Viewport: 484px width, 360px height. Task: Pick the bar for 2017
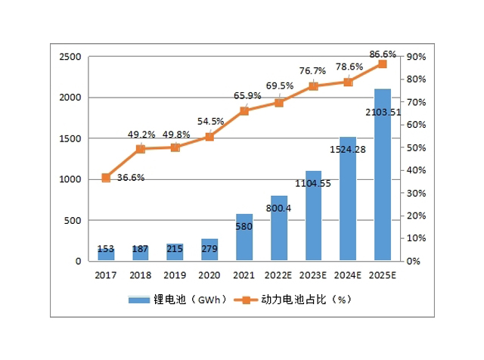pos(106,255)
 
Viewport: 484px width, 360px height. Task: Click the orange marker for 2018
pos(141,149)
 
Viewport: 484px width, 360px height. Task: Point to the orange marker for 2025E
pos(382,64)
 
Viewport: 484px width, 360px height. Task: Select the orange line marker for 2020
pos(209,137)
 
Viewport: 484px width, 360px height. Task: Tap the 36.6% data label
pos(131,178)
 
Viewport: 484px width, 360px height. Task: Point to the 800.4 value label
pos(279,207)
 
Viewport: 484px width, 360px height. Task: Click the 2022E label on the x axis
pos(278,275)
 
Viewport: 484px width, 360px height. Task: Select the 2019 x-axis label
pos(175,275)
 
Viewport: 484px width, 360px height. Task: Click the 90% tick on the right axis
pos(416,57)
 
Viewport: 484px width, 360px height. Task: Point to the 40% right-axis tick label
pos(416,171)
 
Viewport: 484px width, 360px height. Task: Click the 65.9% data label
pos(245,96)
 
